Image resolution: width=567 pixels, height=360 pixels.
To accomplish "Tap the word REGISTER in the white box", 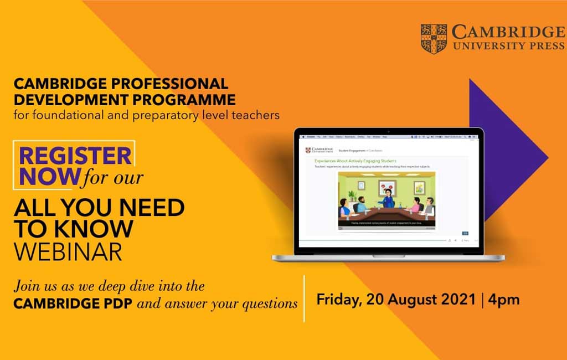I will [76, 156].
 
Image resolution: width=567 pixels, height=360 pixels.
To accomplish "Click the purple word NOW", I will [50, 176].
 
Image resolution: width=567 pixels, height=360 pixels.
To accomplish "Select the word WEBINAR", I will [68, 251].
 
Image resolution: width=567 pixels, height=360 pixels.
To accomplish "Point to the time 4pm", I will [504, 300].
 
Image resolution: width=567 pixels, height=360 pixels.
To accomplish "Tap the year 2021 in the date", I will [457, 300].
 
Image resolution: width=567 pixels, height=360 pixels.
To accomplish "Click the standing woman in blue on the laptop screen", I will [388, 198].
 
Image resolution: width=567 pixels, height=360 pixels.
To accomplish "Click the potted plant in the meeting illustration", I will [351, 195].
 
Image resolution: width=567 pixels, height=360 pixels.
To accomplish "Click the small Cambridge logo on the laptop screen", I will [319, 150].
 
